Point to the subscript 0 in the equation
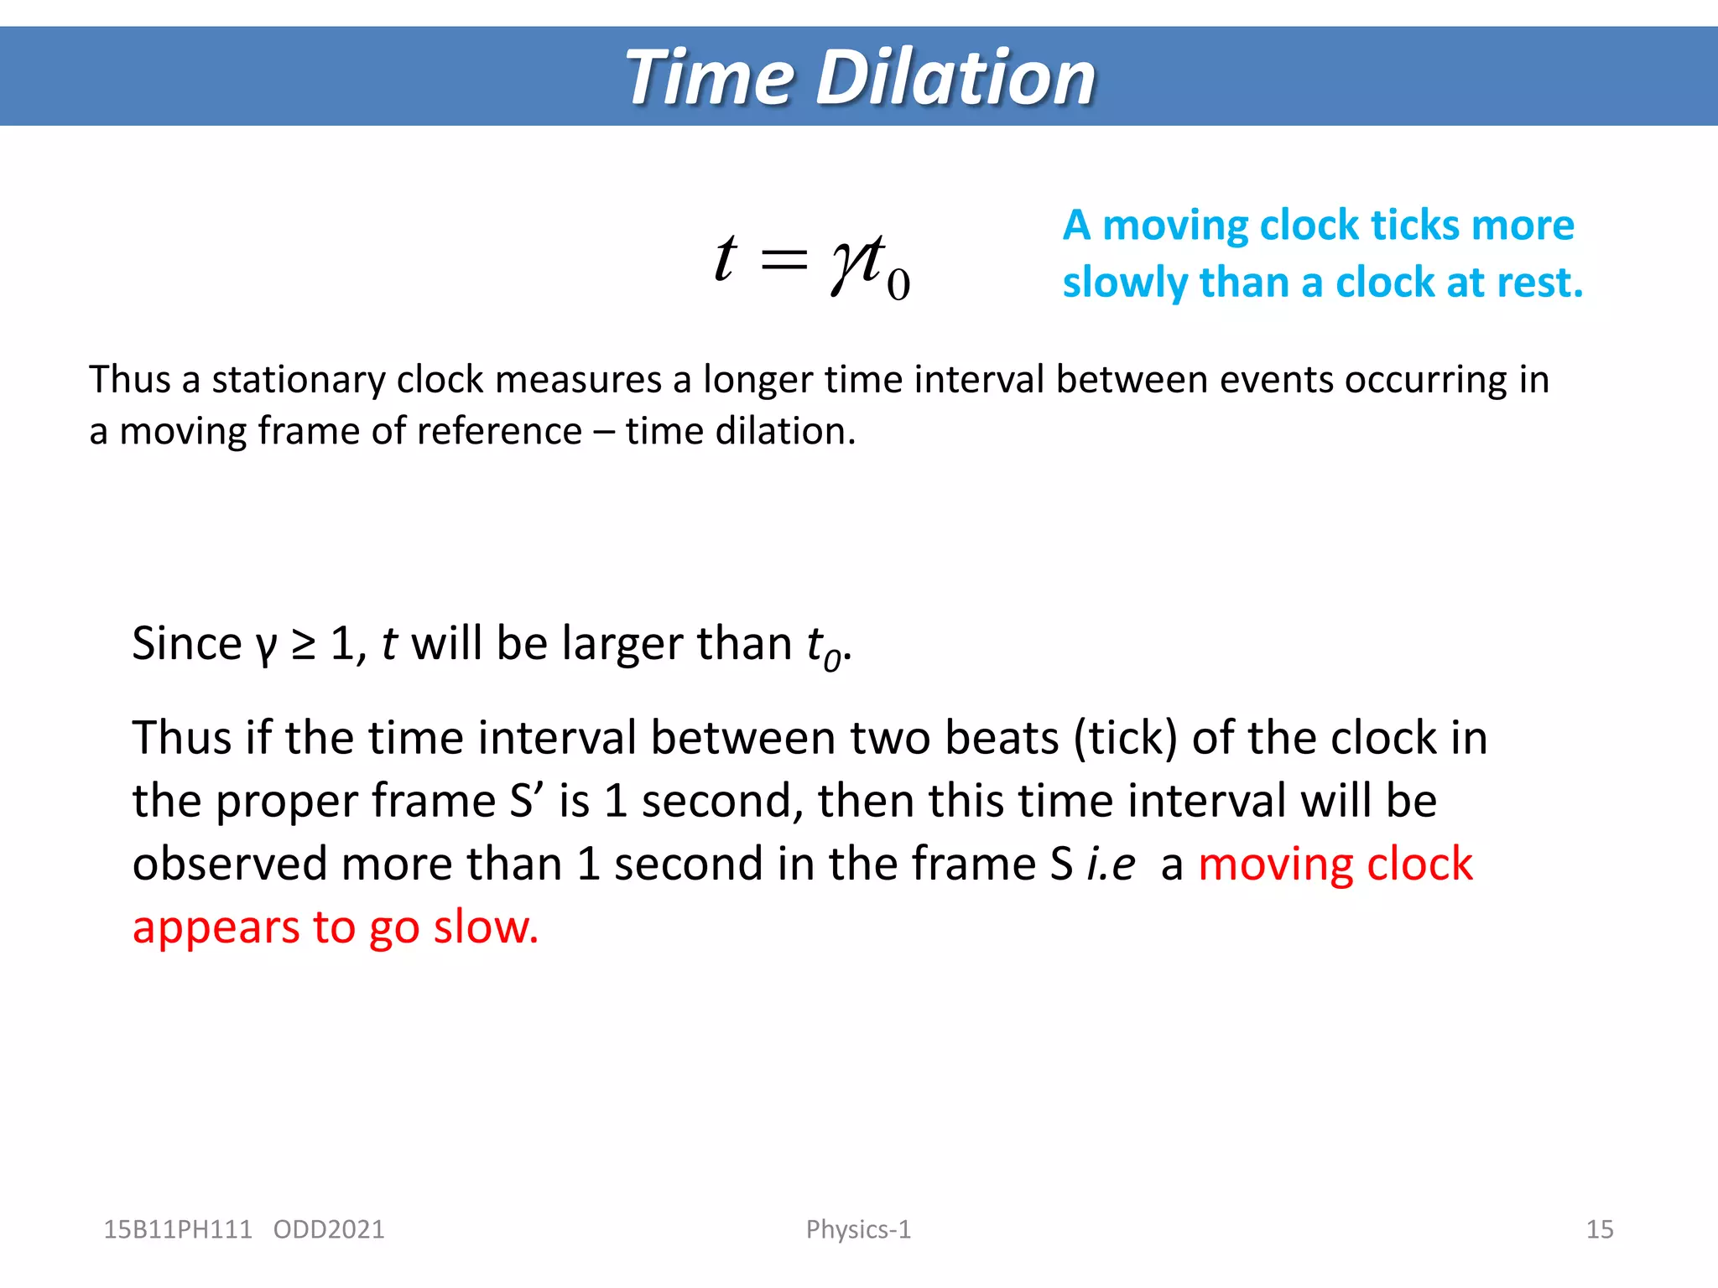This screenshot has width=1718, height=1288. click(898, 285)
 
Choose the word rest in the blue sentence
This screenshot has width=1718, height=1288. click(1539, 283)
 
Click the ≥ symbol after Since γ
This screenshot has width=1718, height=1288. click(303, 645)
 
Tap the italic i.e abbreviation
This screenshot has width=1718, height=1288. click(1111, 865)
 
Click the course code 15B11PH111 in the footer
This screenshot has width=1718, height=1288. click(177, 1229)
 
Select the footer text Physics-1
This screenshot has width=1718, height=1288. click(858, 1229)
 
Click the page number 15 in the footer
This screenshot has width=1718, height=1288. click(1599, 1229)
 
